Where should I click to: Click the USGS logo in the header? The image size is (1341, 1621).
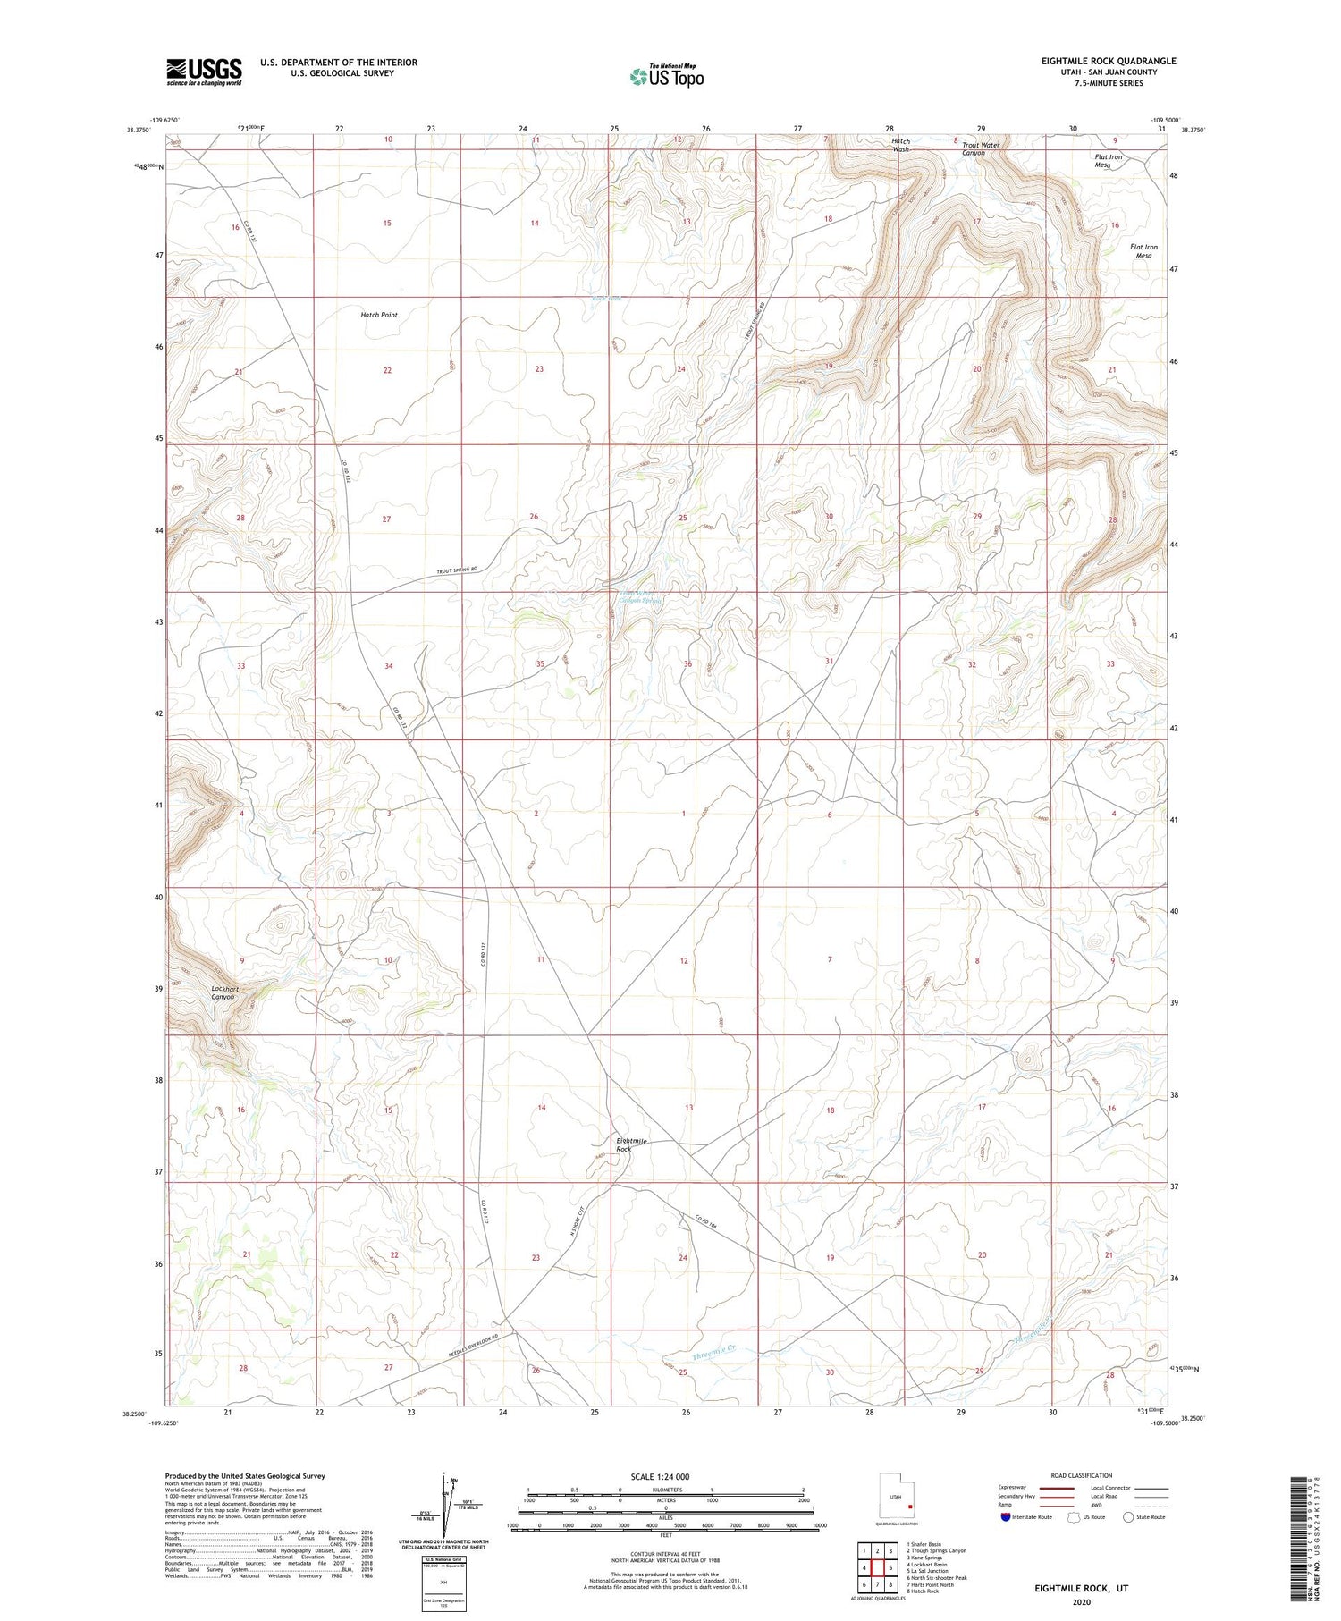click(x=204, y=72)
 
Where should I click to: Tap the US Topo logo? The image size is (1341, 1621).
click(x=666, y=77)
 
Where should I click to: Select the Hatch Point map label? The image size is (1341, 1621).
click(x=379, y=315)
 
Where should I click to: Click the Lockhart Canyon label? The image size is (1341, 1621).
click(x=224, y=992)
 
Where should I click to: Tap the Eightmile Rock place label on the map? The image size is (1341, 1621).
click(x=631, y=1144)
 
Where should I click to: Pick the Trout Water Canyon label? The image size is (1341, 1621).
click(x=981, y=148)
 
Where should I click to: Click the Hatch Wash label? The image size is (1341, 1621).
click(x=900, y=145)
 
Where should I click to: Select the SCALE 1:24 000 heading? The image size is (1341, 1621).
click(x=660, y=1476)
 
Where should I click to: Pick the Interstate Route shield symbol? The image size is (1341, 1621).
click(x=1006, y=1517)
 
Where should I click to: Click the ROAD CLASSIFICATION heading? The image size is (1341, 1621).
click(x=1081, y=1475)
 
